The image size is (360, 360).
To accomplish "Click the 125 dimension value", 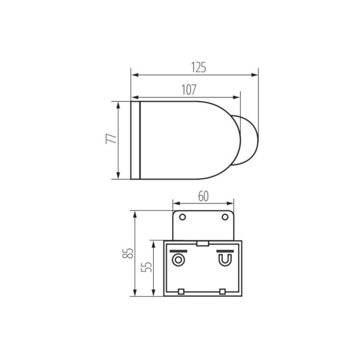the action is (199, 67).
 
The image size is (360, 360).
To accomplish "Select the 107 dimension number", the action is (189, 90).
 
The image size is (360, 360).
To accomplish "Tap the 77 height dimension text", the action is (112, 138).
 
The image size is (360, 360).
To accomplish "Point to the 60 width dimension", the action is (204, 196).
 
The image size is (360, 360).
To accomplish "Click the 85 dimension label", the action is (128, 253).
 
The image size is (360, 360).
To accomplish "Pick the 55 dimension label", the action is (147, 267).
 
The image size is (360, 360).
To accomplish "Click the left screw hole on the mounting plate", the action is (183, 217).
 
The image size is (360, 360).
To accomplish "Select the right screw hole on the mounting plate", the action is (225, 217).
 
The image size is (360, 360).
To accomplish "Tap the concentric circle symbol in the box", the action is (178, 260).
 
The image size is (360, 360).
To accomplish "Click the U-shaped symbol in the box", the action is (225, 260).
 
